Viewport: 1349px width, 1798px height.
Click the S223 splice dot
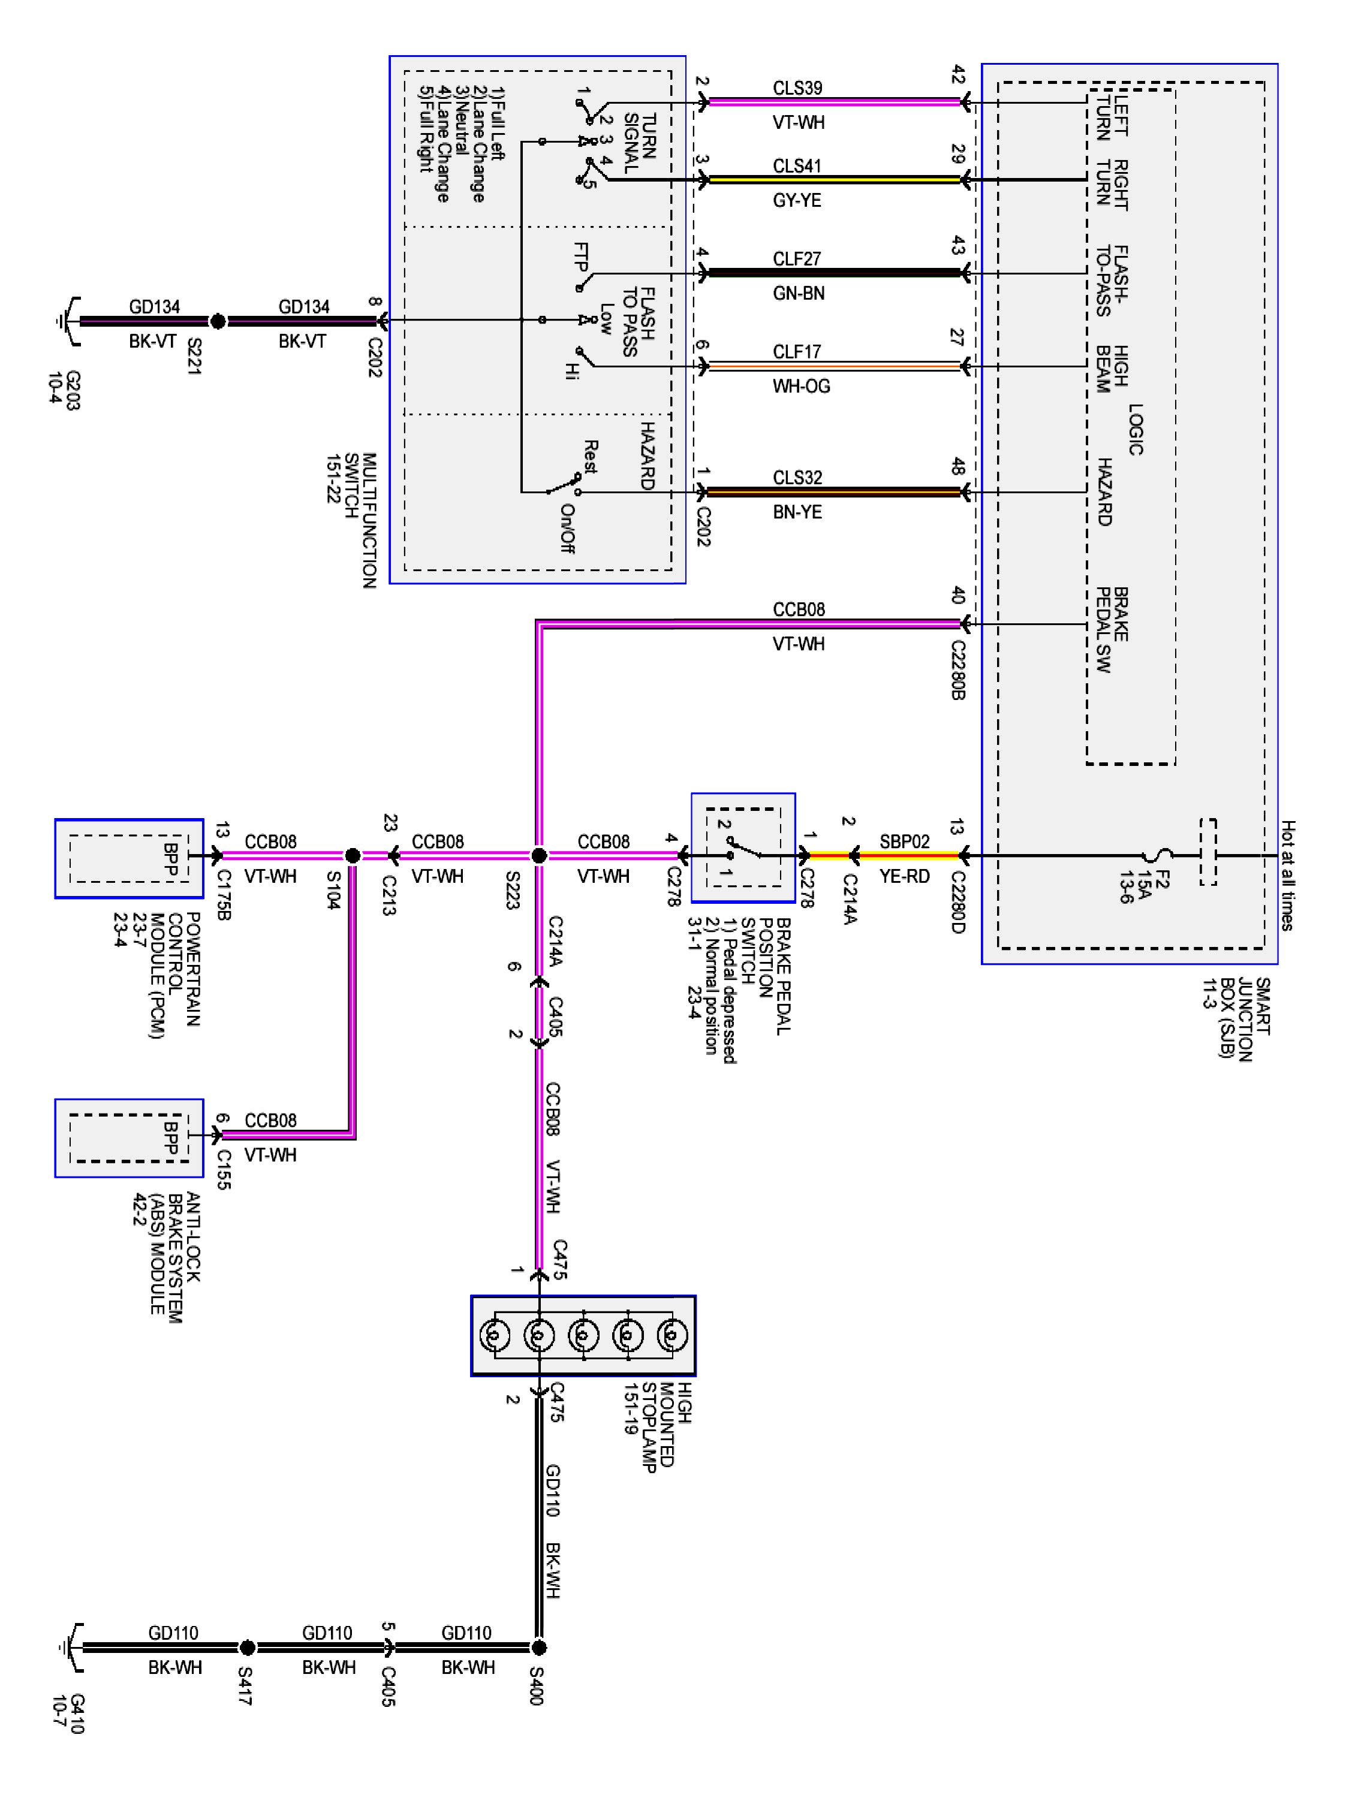pos(538,856)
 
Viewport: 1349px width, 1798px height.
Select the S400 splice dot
pos(538,1648)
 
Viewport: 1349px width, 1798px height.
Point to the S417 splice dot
pos(247,1648)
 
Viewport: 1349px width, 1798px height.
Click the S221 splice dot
pos(218,322)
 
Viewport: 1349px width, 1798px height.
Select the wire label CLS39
pos(797,88)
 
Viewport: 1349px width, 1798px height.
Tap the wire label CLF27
pos(797,258)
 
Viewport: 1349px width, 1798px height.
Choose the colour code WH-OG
pos(802,386)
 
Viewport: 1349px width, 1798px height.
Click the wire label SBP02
pos(904,841)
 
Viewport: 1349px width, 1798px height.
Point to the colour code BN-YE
pos(797,512)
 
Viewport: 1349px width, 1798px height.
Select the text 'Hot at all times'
pos(1287,876)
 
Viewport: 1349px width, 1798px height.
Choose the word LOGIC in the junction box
pos(1136,429)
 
